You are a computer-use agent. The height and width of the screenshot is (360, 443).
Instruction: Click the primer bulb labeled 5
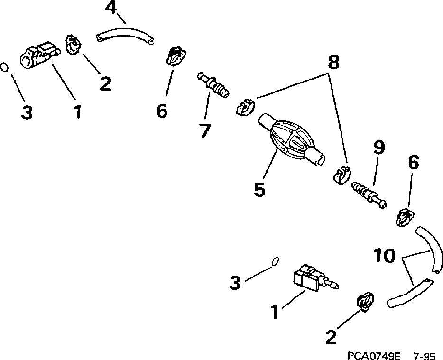tap(290, 139)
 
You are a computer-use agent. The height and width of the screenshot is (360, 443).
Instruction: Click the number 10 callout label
tap(384, 257)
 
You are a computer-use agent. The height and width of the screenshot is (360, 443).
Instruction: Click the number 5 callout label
tap(259, 189)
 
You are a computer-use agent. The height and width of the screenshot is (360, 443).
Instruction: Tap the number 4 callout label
tap(110, 8)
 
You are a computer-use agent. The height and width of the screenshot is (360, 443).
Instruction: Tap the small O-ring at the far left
tap(4, 67)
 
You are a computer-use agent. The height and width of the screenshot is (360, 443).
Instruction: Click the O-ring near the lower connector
tap(274, 261)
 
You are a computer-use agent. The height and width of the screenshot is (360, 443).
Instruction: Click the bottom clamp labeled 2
tap(364, 302)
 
